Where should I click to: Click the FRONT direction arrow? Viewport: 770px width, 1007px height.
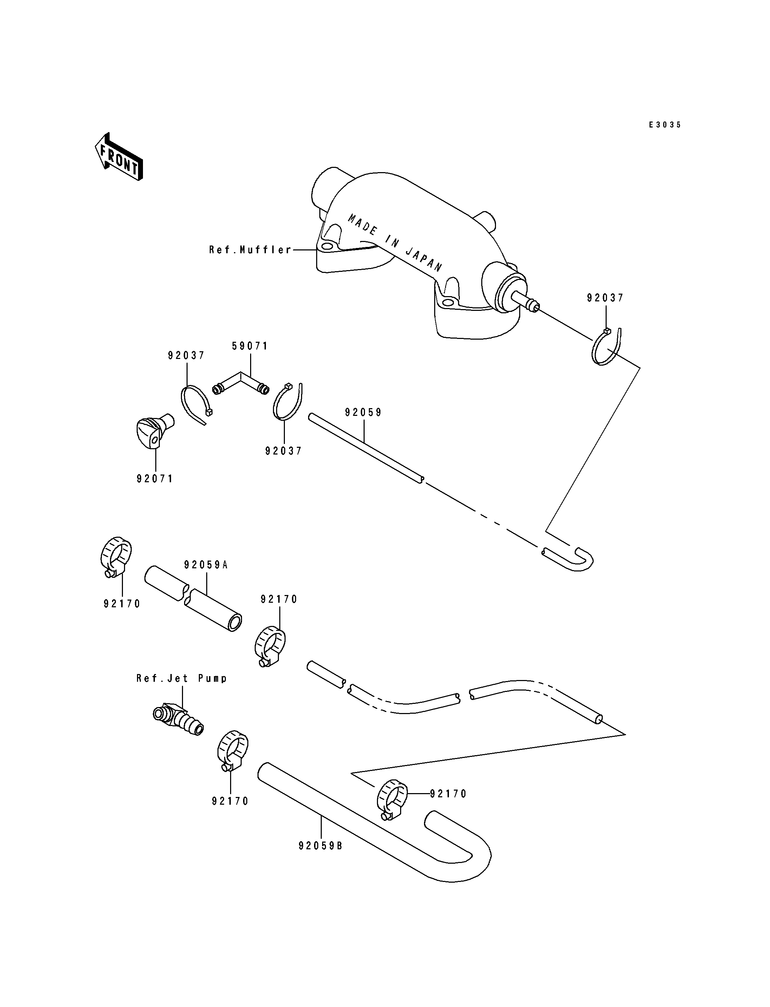119,156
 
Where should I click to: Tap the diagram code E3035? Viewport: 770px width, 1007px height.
665,124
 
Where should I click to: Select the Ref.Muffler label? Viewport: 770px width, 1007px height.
250,250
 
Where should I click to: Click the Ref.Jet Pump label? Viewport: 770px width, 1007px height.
182,678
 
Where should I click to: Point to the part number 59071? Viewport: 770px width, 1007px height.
250,346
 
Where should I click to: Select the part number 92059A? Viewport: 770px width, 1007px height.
206,565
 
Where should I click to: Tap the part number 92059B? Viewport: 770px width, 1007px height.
320,846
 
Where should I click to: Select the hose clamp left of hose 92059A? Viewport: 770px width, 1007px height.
116,556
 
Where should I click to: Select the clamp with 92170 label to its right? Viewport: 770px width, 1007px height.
392,800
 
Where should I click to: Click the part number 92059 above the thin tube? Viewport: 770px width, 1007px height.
364,412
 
